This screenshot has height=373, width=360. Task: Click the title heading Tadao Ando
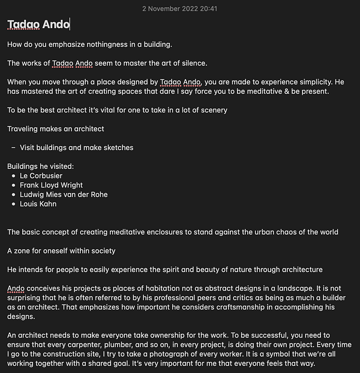point(38,25)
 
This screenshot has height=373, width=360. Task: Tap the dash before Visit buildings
point(13,147)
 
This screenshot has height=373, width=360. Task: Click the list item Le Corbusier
point(41,175)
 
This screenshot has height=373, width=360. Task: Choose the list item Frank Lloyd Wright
point(51,185)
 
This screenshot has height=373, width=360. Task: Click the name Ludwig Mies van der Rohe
point(64,195)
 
